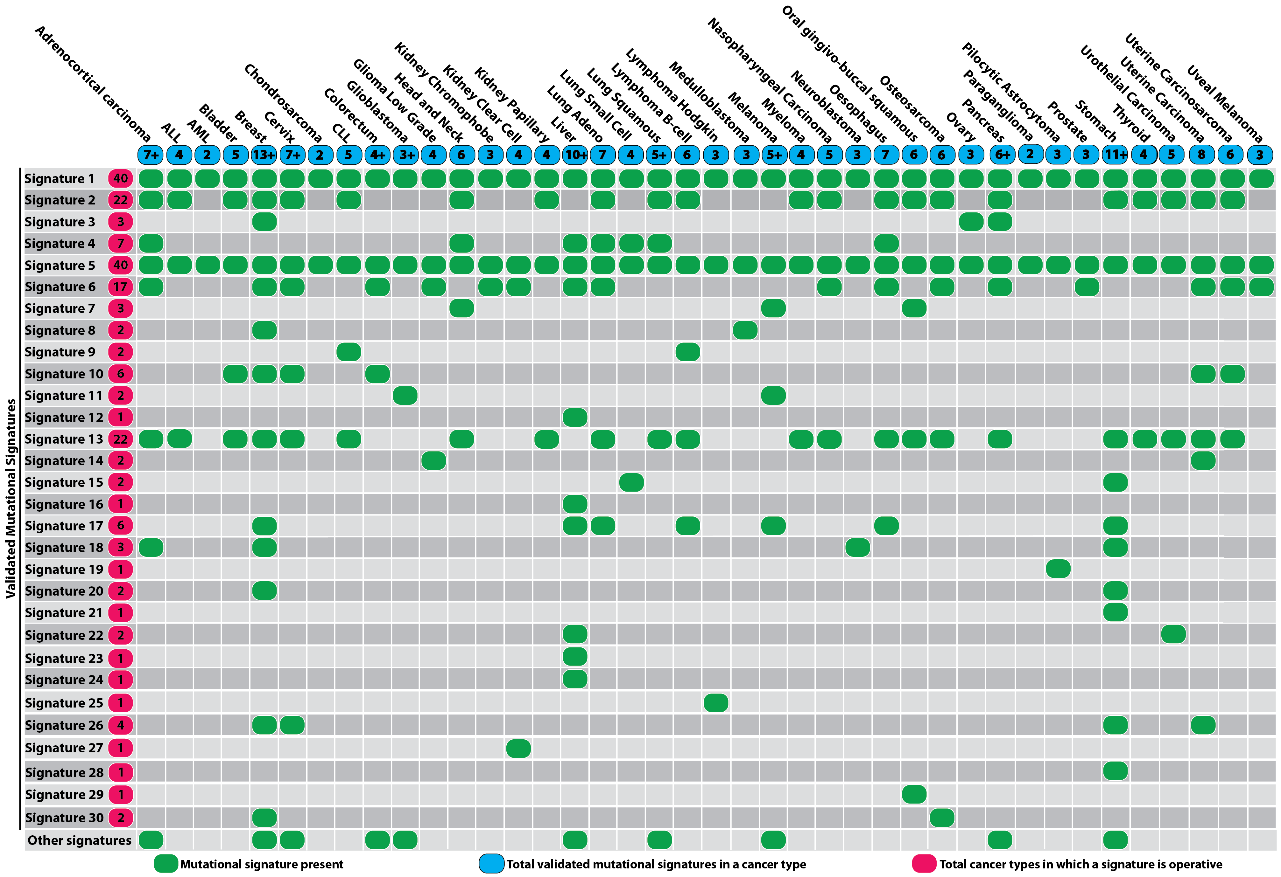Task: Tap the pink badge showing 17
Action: [120, 287]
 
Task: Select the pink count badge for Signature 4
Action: [120, 244]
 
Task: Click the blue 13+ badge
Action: [264, 155]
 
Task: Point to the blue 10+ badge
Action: [575, 155]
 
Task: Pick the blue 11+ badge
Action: [1115, 155]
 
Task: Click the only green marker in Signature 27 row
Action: [518, 748]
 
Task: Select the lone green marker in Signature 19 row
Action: [1058, 569]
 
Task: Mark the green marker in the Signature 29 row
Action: [914, 794]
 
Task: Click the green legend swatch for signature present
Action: [165, 864]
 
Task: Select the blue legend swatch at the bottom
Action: [491, 864]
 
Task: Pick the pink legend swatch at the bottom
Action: [924, 864]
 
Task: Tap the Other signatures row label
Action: [79, 840]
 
